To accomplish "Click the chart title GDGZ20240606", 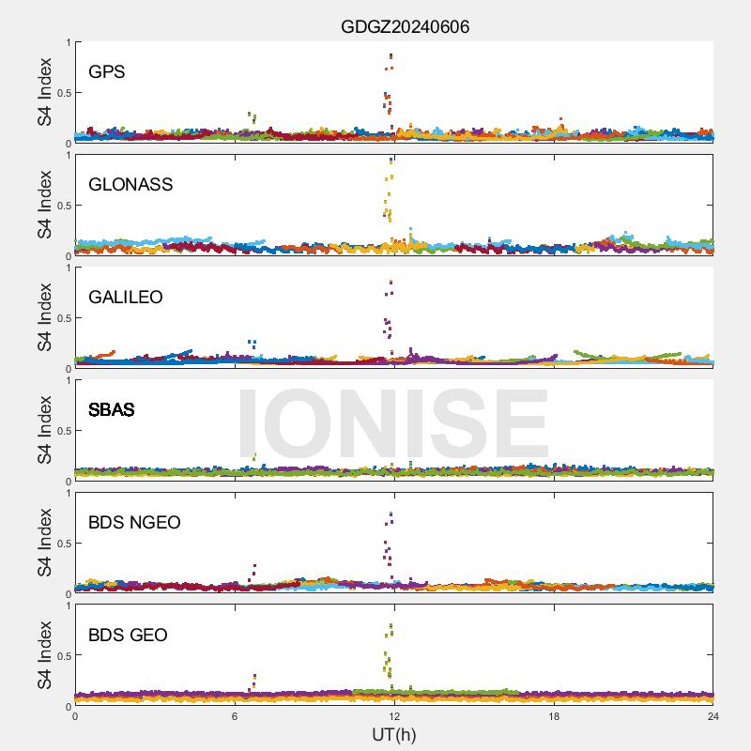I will pyautogui.click(x=405, y=27).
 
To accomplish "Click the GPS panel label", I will pyautogui.click(x=107, y=72).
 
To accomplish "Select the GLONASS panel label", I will pyautogui.click(x=130, y=185).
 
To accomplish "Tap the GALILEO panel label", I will pyautogui.click(x=126, y=298).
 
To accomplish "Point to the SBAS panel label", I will pyautogui.click(x=112, y=410).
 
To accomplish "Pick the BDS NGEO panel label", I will pyautogui.click(x=134, y=523).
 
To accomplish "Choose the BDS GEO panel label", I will pyautogui.click(x=128, y=636).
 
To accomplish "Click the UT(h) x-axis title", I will pyautogui.click(x=394, y=733).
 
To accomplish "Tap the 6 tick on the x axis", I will pyautogui.click(x=235, y=716).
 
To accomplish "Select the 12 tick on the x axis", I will pyautogui.click(x=394, y=716).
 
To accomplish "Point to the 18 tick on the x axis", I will pyautogui.click(x=554, y=716).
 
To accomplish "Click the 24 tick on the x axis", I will pyautogui.click(x=713, y=716).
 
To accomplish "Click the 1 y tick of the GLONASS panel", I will pyautogui.click(x=67, y=155).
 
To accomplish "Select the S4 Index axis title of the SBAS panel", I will pyautogui.click(x=43, y=430).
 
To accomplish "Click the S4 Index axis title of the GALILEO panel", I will pyautogui.click(x=43, y=317).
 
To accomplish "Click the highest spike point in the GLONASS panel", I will pyautogui.click(x=391, y=161).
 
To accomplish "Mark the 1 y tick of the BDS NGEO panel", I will pyautogui.click(x=67, y=493).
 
